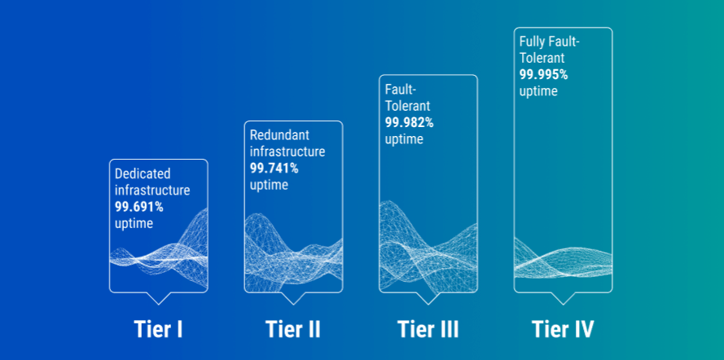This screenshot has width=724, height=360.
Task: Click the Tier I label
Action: [x=158, y=329]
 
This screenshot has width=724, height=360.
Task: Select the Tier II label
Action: [x=292, y=329]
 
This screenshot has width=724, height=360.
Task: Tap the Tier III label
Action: [x=428, y=329]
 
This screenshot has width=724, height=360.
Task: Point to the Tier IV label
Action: [x=563, y=329]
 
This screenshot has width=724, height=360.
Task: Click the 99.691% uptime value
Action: [x=139, y=207]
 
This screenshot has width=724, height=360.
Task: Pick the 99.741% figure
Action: [x=274, y=169]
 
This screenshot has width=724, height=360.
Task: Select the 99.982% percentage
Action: [x=410, y=122]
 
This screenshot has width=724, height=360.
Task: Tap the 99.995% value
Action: [x=544, y=75]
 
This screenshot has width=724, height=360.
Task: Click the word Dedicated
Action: [x=143, y=173]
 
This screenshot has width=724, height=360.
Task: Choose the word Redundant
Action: [x=279, y=135]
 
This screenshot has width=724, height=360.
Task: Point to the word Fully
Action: [x=532, y=42]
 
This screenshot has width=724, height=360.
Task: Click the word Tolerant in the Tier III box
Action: [x=408, y=106]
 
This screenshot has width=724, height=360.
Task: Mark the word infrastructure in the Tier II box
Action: [x=287, y=151]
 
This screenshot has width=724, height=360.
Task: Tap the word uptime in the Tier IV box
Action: [x=538, y=91]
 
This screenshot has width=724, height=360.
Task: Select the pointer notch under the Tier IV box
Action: [x=562, y=297]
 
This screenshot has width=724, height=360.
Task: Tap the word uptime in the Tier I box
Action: [x=134, y=223]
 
